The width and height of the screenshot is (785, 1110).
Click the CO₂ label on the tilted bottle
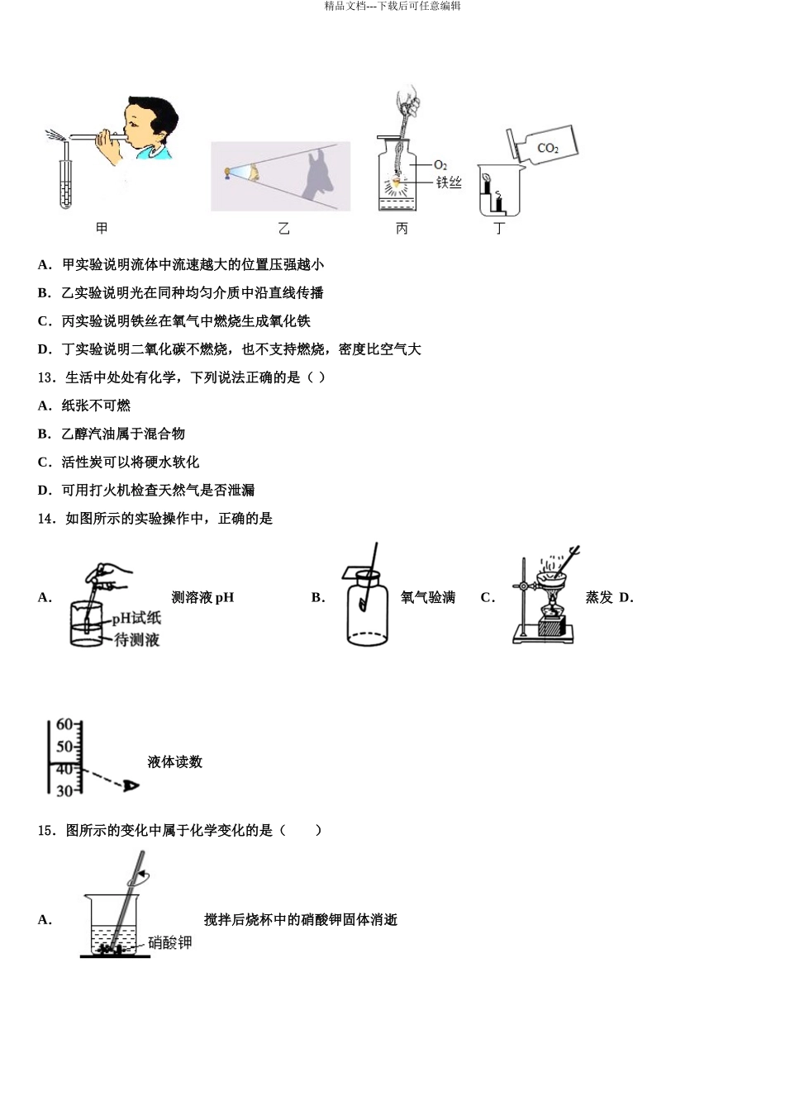tap(548, 149)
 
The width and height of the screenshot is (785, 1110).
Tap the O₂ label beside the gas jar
tap(440, 165)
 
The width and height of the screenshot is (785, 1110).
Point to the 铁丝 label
tap(449, 183)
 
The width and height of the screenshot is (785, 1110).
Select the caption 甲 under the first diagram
tap(102, 228)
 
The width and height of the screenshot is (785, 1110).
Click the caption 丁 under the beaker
tap(498, 229)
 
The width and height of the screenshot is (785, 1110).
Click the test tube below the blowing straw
tap(66, 182)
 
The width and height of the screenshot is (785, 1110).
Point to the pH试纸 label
tap(137, 619)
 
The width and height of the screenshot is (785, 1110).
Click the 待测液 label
tap(137, 639)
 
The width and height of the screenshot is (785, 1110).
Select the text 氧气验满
tap(427, 597)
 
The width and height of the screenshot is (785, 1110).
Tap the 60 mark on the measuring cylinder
tap(64, 724)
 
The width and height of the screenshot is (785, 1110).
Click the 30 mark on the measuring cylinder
tap(64, 791)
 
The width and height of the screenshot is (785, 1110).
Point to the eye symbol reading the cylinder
tap(131, 785)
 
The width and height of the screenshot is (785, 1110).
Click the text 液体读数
tap(174, 761)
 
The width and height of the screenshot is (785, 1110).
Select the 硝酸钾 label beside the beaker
tap(170, 942)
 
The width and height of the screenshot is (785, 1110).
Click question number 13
tap(46, 377)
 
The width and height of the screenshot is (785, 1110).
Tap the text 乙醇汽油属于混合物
tap(123, 434)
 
